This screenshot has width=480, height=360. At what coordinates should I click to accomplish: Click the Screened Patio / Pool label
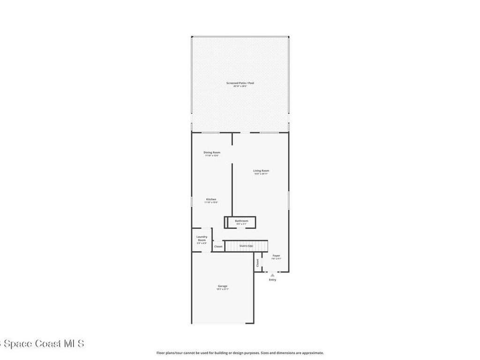coord(240,83)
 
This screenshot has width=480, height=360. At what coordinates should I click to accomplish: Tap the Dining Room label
coord(212,152)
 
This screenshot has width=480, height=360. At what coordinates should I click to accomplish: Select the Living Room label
coord(261,171)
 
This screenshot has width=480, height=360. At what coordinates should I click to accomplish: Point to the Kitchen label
coord(211,199)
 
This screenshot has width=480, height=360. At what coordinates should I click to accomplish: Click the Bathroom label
coord(241,221)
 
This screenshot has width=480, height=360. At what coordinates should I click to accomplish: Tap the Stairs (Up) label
coord(246,246)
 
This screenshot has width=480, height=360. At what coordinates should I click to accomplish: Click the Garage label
coord(222,286)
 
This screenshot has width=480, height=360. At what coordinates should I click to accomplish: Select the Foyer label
coord(277,255)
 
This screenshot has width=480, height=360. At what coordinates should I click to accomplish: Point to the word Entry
coord(272,280)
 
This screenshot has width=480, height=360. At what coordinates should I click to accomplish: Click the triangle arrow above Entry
coord(272,275)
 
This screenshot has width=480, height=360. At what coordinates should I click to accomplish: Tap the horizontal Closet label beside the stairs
coord(218,246)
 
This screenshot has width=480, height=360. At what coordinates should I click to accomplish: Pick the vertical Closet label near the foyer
coord(257,263)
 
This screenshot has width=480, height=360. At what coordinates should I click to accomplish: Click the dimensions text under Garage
coord(222,289)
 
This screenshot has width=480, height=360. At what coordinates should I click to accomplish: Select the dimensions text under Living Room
coord(261,174)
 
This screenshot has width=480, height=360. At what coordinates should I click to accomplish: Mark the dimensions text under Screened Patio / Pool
coord(240,86)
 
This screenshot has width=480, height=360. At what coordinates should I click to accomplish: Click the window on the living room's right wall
coord(289,200)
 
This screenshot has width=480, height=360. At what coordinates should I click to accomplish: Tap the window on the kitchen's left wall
coord(192,201)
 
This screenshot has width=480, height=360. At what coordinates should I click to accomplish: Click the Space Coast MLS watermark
coord(42,344)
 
